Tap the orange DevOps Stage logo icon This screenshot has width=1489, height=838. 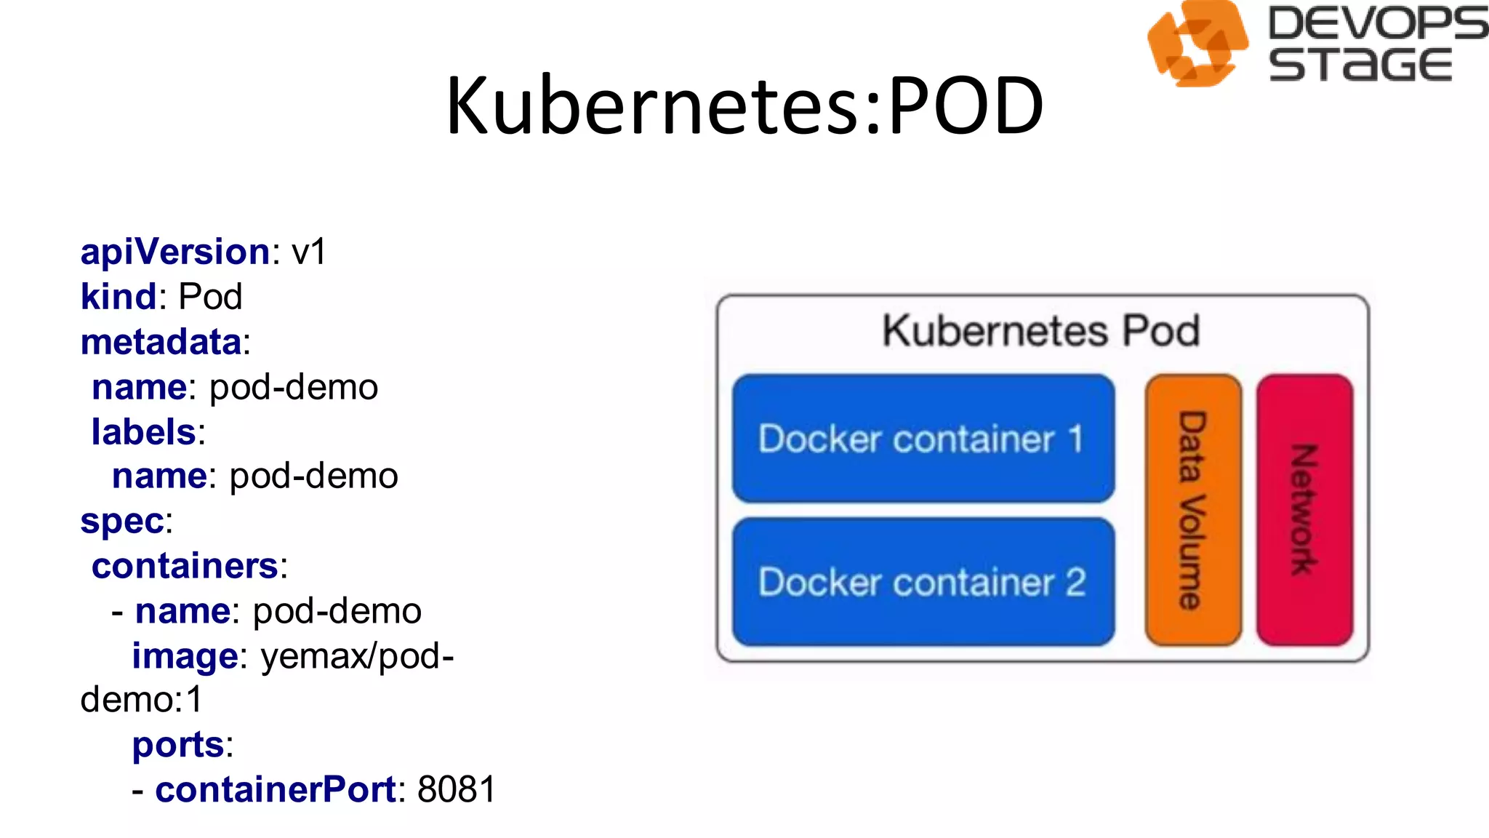1197,44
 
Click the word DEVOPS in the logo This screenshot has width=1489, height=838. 1377,23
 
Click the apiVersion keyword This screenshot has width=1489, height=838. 175,252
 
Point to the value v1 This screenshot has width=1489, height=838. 309,252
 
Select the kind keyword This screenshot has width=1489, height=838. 119,297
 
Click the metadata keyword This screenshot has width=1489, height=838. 161,342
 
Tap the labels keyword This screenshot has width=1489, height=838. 144,432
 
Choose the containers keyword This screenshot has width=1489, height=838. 185,567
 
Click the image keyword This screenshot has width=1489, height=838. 185,656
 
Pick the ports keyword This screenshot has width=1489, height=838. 178,745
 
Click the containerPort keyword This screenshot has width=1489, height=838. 275,790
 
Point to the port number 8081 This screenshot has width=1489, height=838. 457,790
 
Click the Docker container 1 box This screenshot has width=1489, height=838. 923,439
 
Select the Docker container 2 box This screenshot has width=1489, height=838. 923,582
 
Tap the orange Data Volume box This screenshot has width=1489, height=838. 1193,510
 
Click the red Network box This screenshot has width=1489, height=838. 1304,510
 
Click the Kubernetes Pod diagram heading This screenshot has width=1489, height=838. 1041,331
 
